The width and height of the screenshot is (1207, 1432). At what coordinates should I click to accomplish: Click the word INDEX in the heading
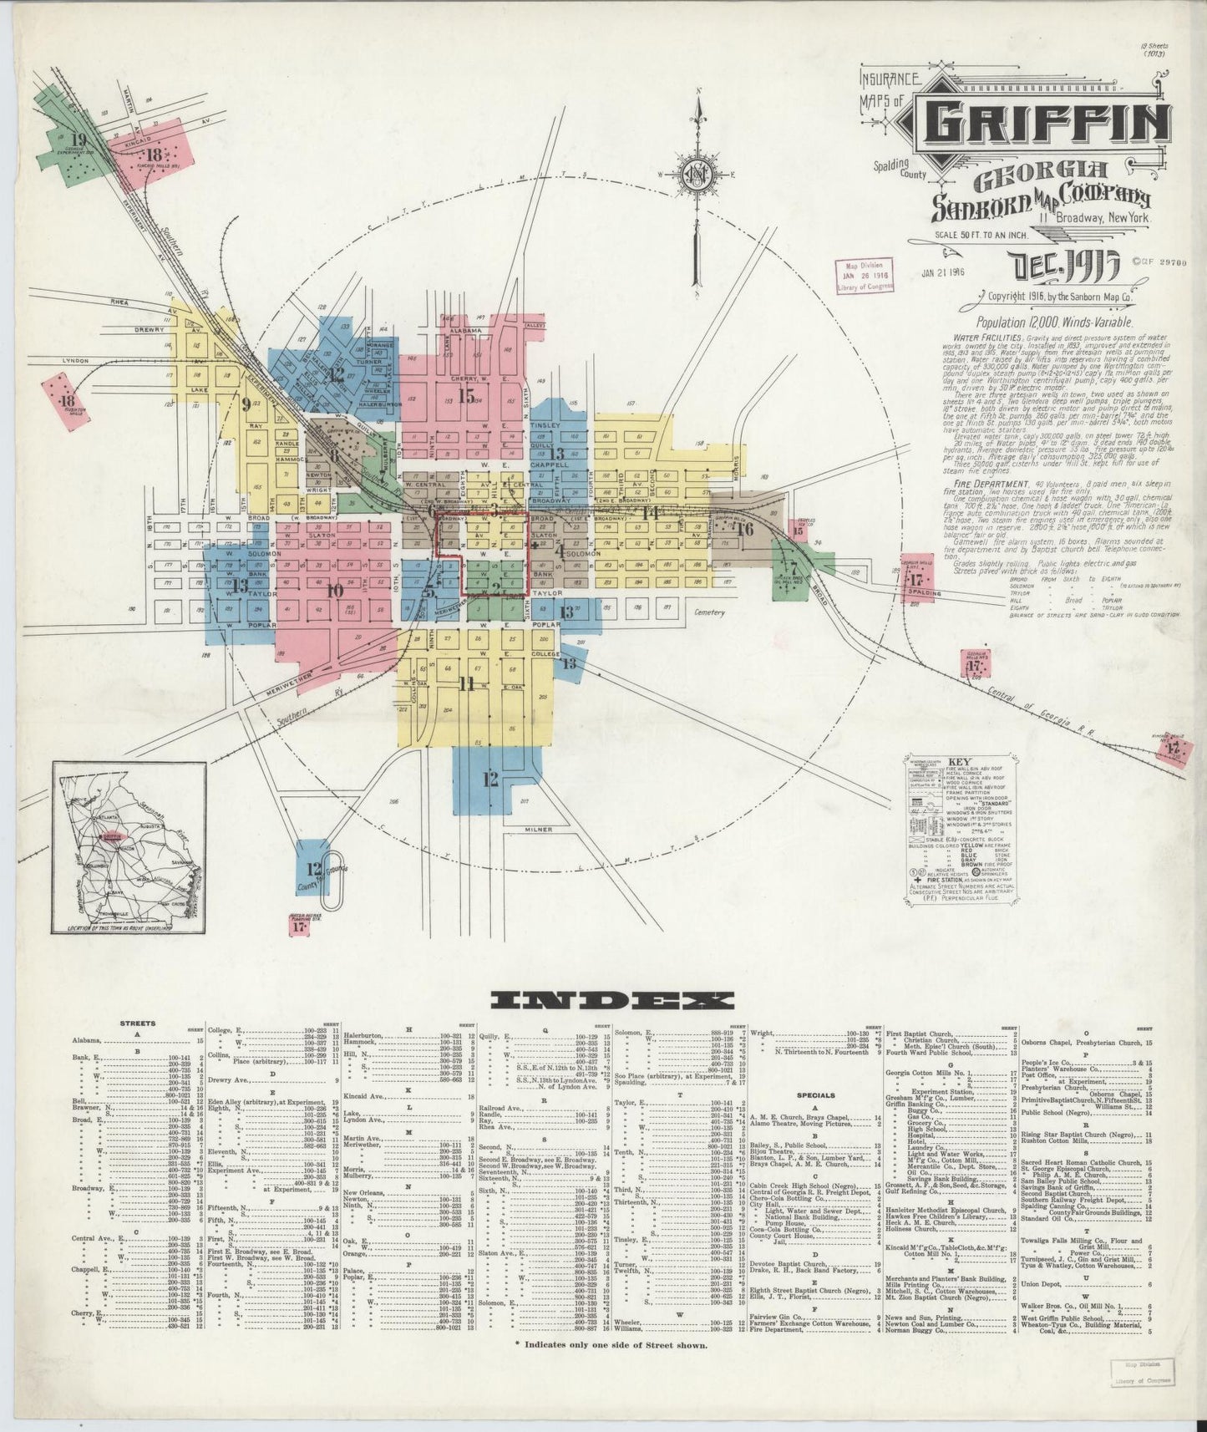[612, 1000]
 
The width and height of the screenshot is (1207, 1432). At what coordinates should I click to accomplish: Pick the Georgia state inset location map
[129, 847]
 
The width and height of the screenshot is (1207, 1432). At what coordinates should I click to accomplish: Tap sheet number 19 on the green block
[80, 140]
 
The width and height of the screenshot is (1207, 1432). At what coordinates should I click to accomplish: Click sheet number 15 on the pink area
[465, 395]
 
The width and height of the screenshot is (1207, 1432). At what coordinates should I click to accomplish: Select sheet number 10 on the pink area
[334, 591]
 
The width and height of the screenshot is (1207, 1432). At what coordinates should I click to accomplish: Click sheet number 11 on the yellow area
[466, 684]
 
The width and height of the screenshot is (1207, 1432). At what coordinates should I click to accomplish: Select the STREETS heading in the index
[135, 1023]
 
